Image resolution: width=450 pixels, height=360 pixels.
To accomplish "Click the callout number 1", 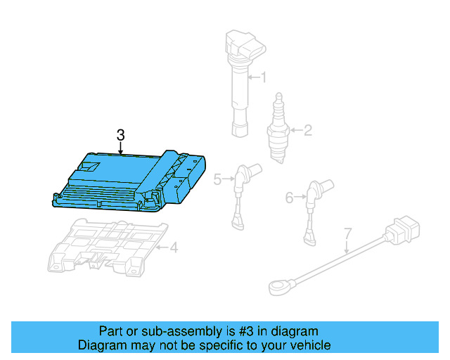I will tap(264, 77).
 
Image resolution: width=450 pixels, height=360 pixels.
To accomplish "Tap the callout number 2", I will tap(307, 129).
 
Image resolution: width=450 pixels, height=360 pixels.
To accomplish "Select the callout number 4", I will tap(174, 247).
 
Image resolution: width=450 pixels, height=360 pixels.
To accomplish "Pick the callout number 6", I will tap(289, 198).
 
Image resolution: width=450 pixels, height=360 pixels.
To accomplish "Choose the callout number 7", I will tap(347, 233).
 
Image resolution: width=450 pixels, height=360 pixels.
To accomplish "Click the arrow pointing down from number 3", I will tap(120, 148).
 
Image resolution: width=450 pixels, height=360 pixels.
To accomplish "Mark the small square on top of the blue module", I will tap(90, 167).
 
